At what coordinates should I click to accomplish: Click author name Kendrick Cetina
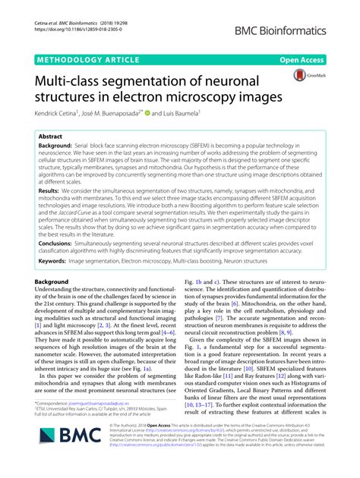click(57, 113)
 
